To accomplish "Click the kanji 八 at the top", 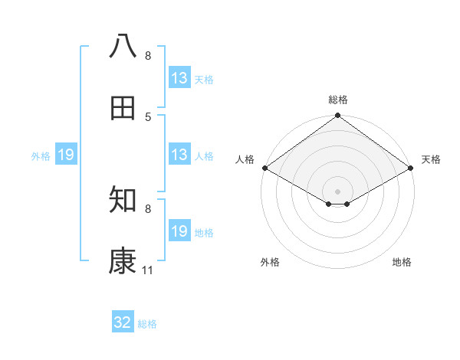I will [x=123, y=47].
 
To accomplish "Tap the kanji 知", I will [x=123, y=201].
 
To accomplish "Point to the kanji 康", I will [x=123, y=262].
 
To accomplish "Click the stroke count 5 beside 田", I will [x=148, y=117].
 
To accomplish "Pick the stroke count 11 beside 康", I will [x=148, y=270].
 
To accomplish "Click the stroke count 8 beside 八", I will [x=148, y=56].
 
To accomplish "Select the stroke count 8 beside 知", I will [x=148, y=209].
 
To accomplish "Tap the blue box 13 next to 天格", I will [x=179, y=78].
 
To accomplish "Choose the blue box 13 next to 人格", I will [x=179, y=155].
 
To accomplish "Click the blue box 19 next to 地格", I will [x=179, y=231].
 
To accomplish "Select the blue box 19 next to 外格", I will [x=66, y=155].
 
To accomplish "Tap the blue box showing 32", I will [x=123, y=322].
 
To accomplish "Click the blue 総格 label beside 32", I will [x=148, y=324].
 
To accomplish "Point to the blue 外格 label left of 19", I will [x=41, y=156].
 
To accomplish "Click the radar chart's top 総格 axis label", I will [x=338, y=100].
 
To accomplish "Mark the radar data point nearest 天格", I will [x=412, y=168].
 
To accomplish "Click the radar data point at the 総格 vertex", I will [x=338, y=116].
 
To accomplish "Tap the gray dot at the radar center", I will [x=338, y=191].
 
